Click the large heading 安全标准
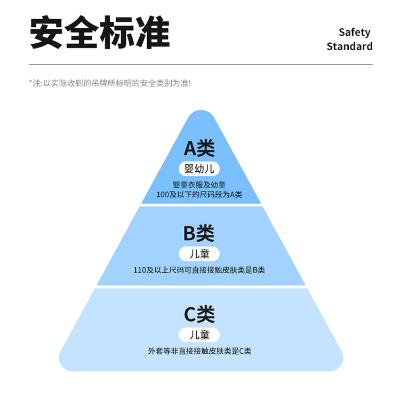click(100, 33)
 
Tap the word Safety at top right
click(354, 32)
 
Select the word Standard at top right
click(349, 46)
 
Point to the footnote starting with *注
click(110, 83)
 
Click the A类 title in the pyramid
click(199, 148)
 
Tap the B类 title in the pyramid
click(199, 233)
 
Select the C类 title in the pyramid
click(199, 314)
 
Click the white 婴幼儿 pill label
click(199, 169)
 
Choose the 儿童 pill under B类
click(199, 254)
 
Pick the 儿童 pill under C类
click(199, 335)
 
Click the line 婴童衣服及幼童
click(199, 185)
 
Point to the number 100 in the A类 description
click(163, 195)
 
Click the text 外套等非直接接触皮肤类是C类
click(199, 351)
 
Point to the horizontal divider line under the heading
click(201, 65)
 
